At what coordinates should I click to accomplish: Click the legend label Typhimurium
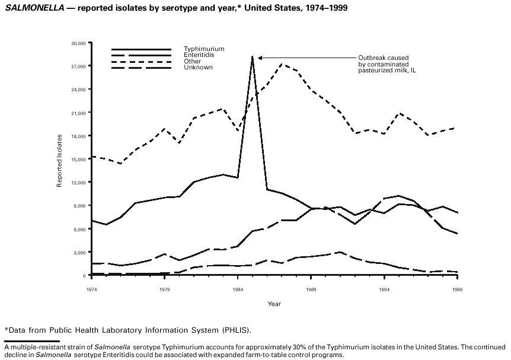point(196,49)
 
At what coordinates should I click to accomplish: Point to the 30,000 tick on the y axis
point(79,43)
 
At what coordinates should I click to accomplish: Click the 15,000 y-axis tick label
point(79,159)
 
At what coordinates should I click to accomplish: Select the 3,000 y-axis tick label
point(80,253)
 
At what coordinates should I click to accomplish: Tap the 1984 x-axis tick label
point(238,289)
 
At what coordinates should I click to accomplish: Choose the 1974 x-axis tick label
point(92,289)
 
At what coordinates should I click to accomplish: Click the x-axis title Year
point(274,304)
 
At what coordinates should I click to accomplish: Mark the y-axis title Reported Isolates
point(60,161)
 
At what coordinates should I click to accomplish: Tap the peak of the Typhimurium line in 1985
point(253,56)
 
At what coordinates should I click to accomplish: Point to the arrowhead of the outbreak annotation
point(258,58)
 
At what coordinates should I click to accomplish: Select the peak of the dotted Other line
point(282,64)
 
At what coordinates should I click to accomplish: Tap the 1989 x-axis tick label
point(311,289)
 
